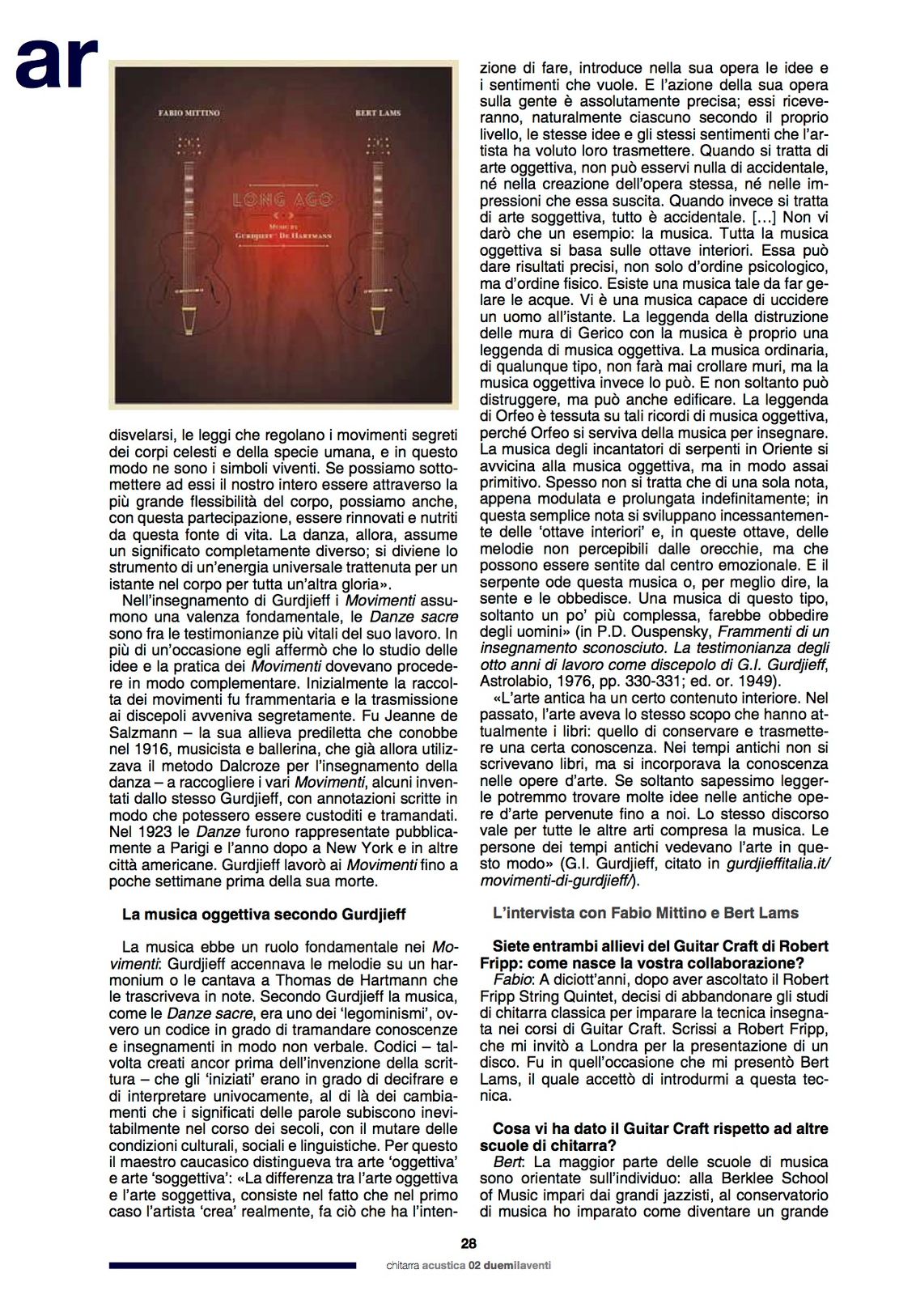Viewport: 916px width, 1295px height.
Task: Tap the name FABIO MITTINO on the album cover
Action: pyautogui.click(x=189, y=113)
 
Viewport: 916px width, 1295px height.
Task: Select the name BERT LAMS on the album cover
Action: pyautogui.click(x=378, y=113)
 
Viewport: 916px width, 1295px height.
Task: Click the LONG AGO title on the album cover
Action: pyautogui.click(x=282, y=199)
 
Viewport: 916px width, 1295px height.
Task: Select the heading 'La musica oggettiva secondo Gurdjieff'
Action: pyautogui.click(x=264, y=914)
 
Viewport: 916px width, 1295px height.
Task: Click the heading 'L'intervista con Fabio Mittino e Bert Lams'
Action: pyautogui.click(x=645, y=913)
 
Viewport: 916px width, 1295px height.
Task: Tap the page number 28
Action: pyautogui.click(x=469, y=1244)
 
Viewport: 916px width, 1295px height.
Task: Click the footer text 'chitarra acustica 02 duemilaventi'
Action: pyautogui.click(x=469, y=1265)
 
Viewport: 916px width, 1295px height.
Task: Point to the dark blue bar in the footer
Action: pyautogui.click(x=232, y=1265)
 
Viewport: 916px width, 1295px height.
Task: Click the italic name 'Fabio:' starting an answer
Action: pyautogui.click(x=511, y=979)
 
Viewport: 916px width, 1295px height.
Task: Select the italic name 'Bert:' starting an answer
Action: pyautogui.click(x=509, y=1161)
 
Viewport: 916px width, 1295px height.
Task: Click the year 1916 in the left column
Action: pyautogui.click(x=151, y=749)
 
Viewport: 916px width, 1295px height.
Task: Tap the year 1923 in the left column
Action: pyautogui.click(x=151, y=832)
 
